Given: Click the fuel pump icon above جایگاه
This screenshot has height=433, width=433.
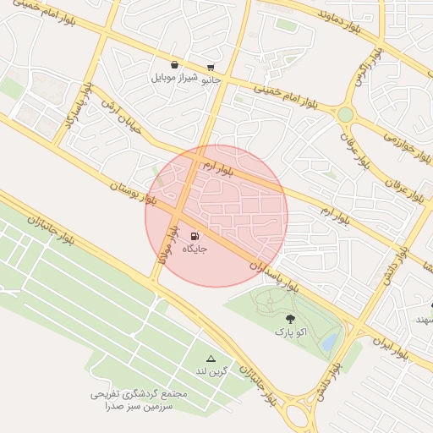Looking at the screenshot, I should (x=195, y=236).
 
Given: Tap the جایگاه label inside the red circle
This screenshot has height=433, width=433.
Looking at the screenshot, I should (x=195, y=249).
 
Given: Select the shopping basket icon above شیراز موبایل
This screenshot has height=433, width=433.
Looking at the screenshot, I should (x=174, y=64).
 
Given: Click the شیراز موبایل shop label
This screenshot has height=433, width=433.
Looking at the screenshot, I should (x=173, y=78).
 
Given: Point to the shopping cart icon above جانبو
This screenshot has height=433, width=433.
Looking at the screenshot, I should (x=210, y=68).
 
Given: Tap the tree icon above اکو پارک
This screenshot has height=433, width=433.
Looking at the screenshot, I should (x=290, y=320).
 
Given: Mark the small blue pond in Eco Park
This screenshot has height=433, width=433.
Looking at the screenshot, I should (x=329, y=342).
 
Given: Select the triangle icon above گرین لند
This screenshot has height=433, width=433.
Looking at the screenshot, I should (x=211, y=359).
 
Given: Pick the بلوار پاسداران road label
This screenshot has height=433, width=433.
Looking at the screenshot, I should (x=275, y=276).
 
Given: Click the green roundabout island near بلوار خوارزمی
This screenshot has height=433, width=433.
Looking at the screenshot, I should (x=345, y=113).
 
